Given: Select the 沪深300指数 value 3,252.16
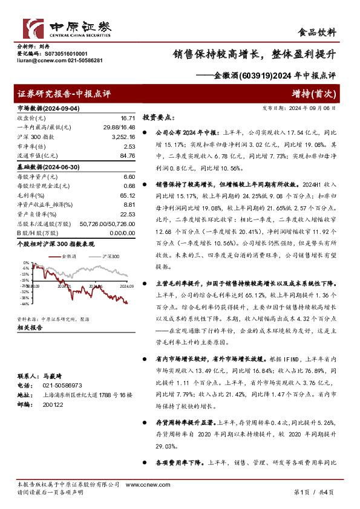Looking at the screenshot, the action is (123, 137).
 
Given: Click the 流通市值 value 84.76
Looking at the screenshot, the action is (128, 157).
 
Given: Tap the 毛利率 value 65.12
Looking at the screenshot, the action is (128, 196).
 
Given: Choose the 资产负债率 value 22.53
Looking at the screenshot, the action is (128, 215).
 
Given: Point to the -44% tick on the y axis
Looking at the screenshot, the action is (24, 304).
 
